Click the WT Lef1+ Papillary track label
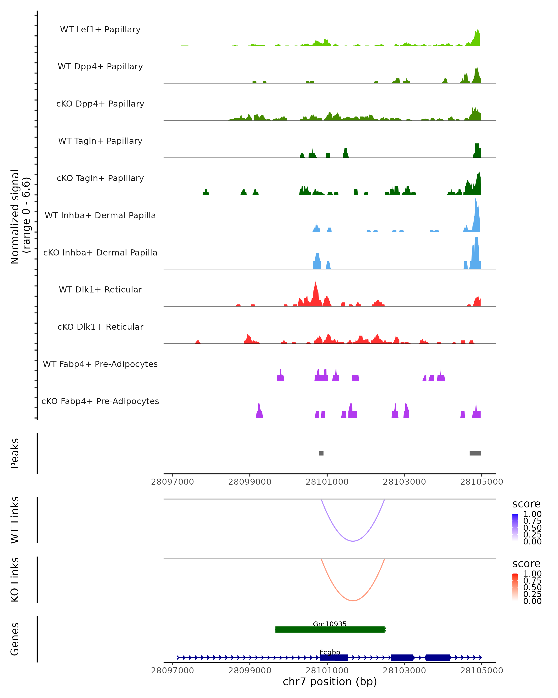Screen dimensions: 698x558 (x=100, y=30)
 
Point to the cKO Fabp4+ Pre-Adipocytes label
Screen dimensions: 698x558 (x=100, y=401)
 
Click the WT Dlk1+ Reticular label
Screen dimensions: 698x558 (x=100, y=289)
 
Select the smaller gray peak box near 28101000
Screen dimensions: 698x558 (x=321, y=453)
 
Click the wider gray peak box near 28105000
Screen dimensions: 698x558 (x=475, y=453)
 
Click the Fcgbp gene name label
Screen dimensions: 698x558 (x=330, y=652)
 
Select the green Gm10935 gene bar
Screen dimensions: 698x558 (x=330, y=629)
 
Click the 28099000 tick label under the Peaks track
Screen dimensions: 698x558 (x=250, y=482)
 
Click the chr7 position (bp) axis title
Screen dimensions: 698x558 (x=330, y=682)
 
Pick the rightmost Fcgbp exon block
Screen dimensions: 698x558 (x=438, y=658)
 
